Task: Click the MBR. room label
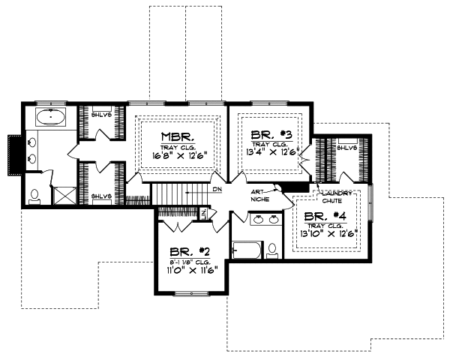pos(178,137)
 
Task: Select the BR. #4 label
pos(325,217)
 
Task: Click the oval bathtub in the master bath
pos(51,117)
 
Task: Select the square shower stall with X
pos(61,196)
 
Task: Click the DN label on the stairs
pos(217,190)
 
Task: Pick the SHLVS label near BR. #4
pos(346,148)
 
